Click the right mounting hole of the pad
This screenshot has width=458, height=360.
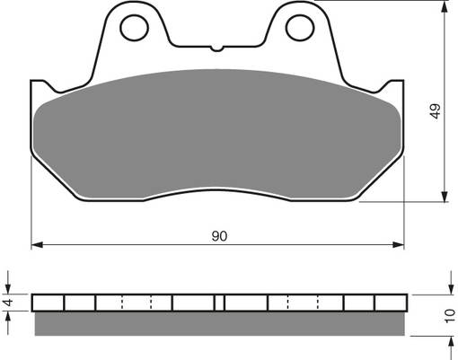tap(298, 27)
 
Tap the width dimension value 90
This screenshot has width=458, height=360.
tap(218, 236)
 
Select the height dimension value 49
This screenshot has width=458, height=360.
tap(436, 112)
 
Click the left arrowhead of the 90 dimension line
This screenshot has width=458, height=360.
tap(37, 243)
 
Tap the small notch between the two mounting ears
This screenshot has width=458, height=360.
tap(218, 45)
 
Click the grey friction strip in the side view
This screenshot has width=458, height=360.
tap(218, 320)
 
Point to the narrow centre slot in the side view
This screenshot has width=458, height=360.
tap(218, 302)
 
